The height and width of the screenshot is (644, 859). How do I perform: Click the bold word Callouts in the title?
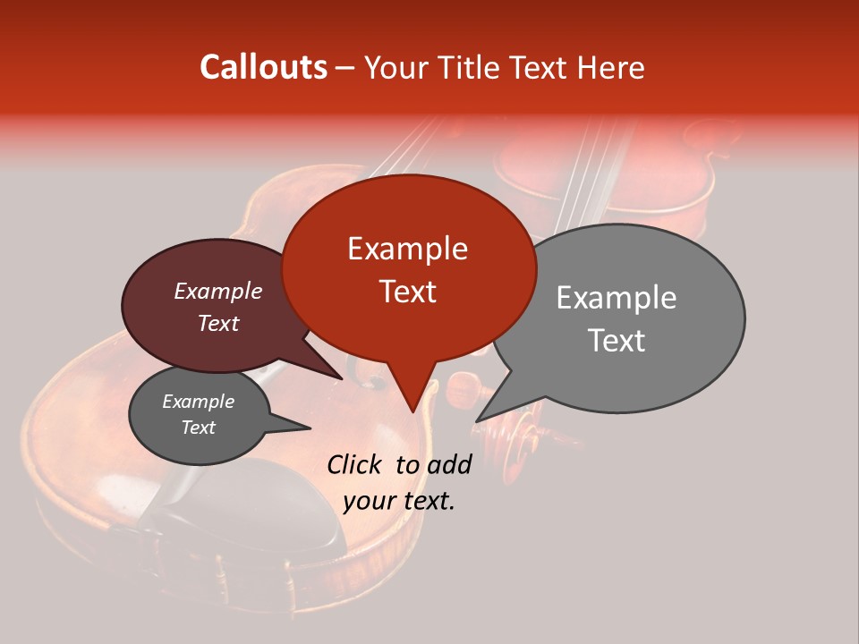(263, 67)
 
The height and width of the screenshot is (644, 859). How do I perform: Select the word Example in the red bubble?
(407, 249)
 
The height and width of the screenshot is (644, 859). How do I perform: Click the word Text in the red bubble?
(407, 292)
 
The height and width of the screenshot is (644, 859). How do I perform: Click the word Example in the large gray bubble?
(616, 298)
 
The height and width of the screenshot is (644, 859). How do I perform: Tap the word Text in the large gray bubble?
(616, 341)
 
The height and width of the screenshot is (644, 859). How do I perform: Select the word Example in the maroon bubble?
(217, 292)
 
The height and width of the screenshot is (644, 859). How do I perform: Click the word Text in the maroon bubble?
(217, 323)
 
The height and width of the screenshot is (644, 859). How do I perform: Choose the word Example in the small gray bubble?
(198, 402)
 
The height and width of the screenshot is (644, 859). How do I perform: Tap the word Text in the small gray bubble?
(198, 428)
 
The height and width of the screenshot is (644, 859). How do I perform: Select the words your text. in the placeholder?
(398, 501)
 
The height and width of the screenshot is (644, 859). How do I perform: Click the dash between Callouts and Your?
(346, 68)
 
